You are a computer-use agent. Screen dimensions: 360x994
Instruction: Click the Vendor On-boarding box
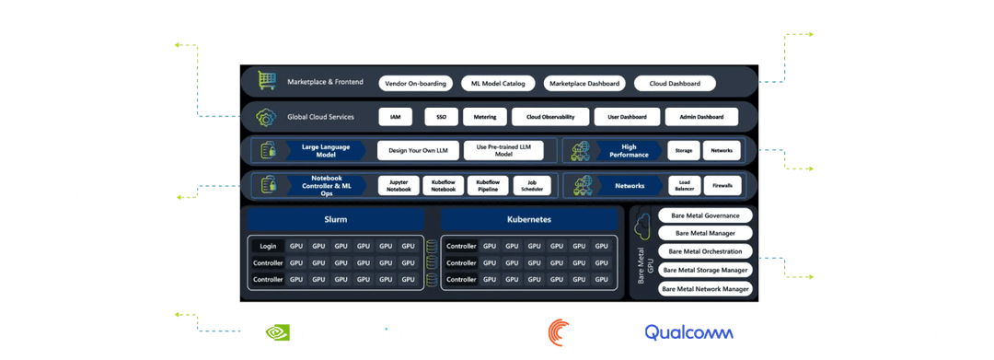pyautogui.click(x=417, y=83)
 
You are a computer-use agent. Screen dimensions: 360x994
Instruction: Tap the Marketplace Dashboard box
pyautogui.click(x=585, y=83)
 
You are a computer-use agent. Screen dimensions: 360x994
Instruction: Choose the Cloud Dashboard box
pyautogui.click(x=675, y=83)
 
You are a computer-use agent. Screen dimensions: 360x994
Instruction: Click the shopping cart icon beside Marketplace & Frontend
pyautogui.click(x=268, y=82)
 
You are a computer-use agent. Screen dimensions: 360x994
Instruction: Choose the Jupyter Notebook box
pyautogui.click(x=398, y=185)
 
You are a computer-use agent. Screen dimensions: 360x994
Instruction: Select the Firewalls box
pyautogui.click(x=722, y=185)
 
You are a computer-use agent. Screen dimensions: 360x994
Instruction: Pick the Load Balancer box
pyautogui.click(x=684, y=185)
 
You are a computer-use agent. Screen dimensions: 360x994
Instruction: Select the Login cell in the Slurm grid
pyautogui.click(x=267, y=246)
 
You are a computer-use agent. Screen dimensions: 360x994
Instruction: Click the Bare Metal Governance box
pyautogui.click(x=705, y=216)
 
